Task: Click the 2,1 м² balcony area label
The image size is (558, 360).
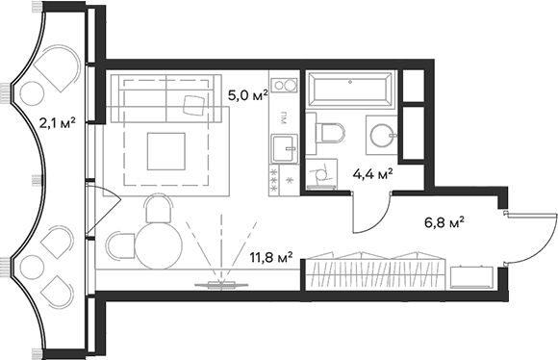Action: [57, 123]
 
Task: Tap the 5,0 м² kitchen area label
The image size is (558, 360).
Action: [247, 95]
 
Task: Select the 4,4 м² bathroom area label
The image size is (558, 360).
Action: [372, 174]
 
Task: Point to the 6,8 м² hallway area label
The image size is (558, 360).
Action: [444, 223]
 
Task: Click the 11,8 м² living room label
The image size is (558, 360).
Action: [271, 257]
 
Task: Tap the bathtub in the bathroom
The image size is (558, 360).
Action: [350, 89]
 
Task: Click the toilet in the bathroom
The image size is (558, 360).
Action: [325, 133]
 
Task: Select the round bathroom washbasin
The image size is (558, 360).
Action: [383, 135]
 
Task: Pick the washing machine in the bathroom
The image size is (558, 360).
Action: [321, 174]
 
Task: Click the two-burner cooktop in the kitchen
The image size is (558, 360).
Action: [284, 86]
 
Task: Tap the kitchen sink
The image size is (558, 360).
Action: [284, 148]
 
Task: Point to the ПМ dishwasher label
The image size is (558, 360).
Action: [284, 119]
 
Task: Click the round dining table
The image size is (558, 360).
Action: [159, 245]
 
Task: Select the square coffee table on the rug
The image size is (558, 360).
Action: [166, 151]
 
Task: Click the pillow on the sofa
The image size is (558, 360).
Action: [194, 105]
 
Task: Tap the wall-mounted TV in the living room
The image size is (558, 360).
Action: [221, 285]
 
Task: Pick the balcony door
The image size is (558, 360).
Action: [103, 211]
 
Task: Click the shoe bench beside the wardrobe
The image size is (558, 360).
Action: [471, 277]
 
